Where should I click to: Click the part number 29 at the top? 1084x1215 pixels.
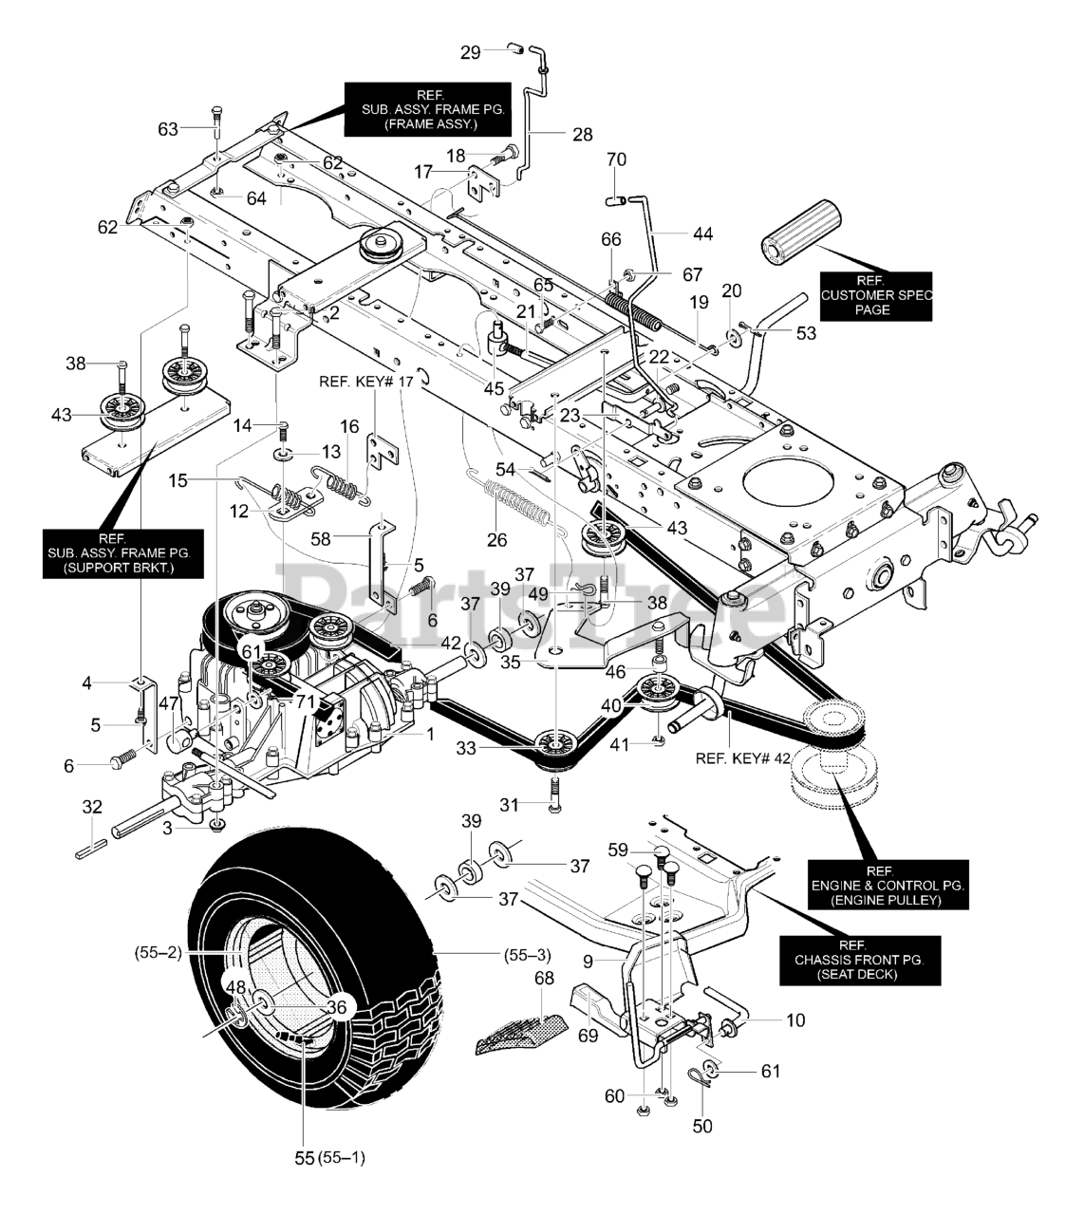click(471, 52)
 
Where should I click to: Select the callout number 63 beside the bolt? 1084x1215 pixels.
click(168, 128)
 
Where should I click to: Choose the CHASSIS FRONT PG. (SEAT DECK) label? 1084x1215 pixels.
click(857, 960)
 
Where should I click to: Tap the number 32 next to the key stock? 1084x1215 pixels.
click(91, 807)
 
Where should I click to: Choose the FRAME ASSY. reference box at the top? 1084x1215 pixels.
click(424, 109)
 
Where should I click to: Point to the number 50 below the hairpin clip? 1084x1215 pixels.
click(701, 1126)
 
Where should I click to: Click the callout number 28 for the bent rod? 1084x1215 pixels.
click(582, 135)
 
